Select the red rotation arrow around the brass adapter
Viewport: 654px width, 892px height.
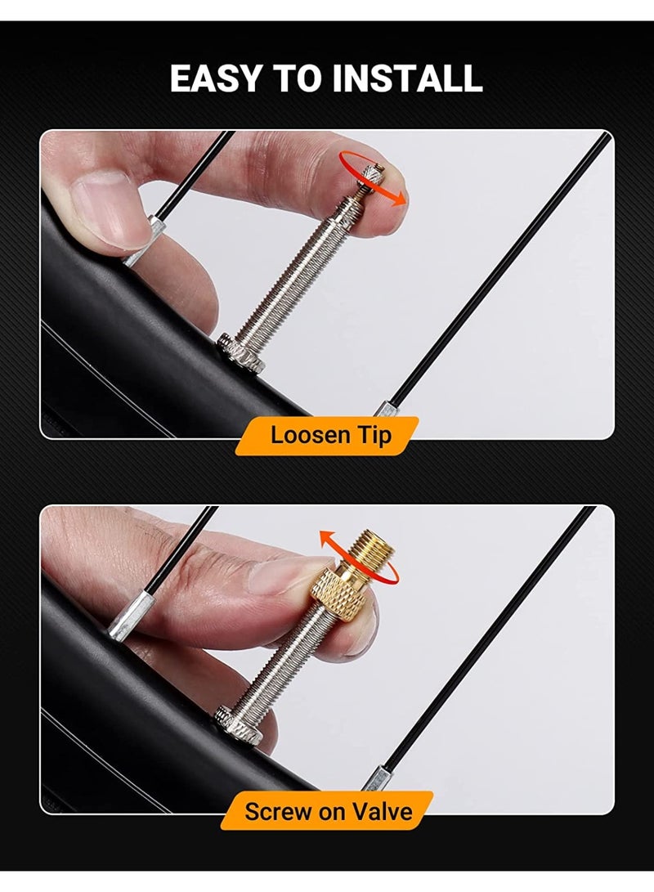(x=358, y=563)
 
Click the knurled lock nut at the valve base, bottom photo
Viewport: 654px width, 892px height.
(x=240, y=724)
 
